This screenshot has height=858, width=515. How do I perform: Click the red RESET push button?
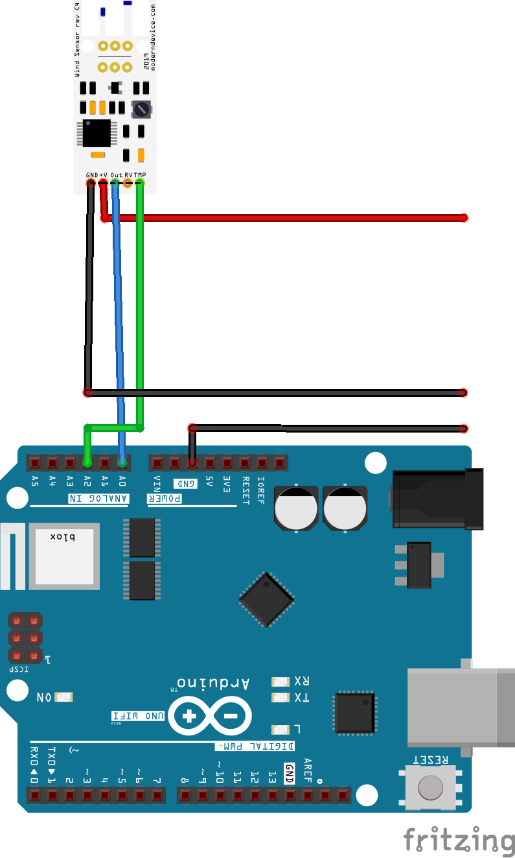tap(431, 787)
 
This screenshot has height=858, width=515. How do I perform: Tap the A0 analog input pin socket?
tap(122, 462)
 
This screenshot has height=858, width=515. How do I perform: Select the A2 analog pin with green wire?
tap(87, 462)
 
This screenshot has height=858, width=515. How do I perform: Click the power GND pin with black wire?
tap(192, 462)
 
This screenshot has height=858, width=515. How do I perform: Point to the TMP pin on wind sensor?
tap(140, 184)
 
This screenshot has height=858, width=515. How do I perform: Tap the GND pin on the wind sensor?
tap(90, 184)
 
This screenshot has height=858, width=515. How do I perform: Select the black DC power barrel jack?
tap(437, 498)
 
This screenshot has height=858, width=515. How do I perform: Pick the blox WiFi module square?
tap(63, 556)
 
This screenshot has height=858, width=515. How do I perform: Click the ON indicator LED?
tap(64, 697)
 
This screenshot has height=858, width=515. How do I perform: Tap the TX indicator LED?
tap(280, 698)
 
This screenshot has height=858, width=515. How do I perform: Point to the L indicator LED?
tap(280, 729)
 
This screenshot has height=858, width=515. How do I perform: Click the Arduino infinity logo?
tap(209, 717)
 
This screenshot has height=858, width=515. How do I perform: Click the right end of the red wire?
tap(463, 218)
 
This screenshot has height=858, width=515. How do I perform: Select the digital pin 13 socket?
tap(271, 794)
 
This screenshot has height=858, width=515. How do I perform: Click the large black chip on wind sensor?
tap(96, 133)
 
